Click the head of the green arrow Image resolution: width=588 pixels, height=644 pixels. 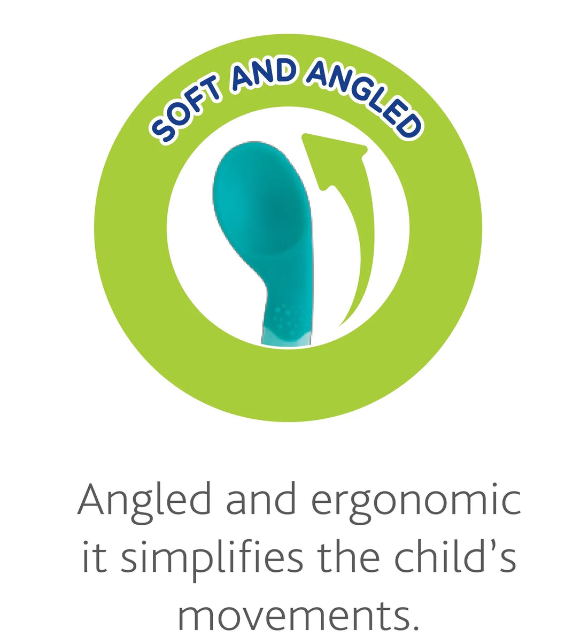coord(334,160)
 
